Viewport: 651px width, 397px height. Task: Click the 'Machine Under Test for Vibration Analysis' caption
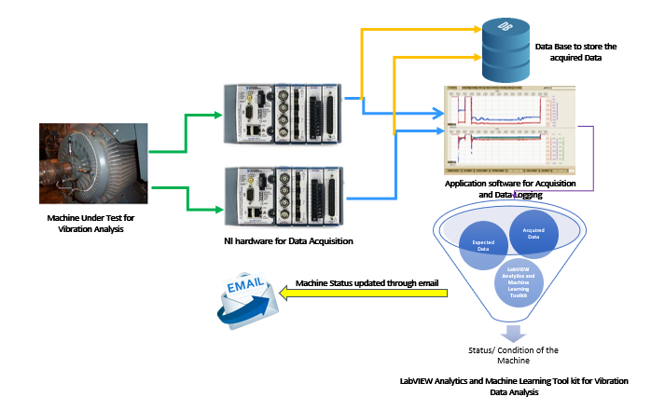90,223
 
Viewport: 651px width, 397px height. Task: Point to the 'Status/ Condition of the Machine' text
513,356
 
